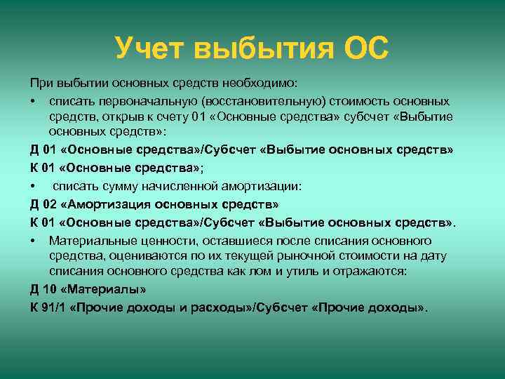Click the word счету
point(167,117)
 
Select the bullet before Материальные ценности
point(33,240)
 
